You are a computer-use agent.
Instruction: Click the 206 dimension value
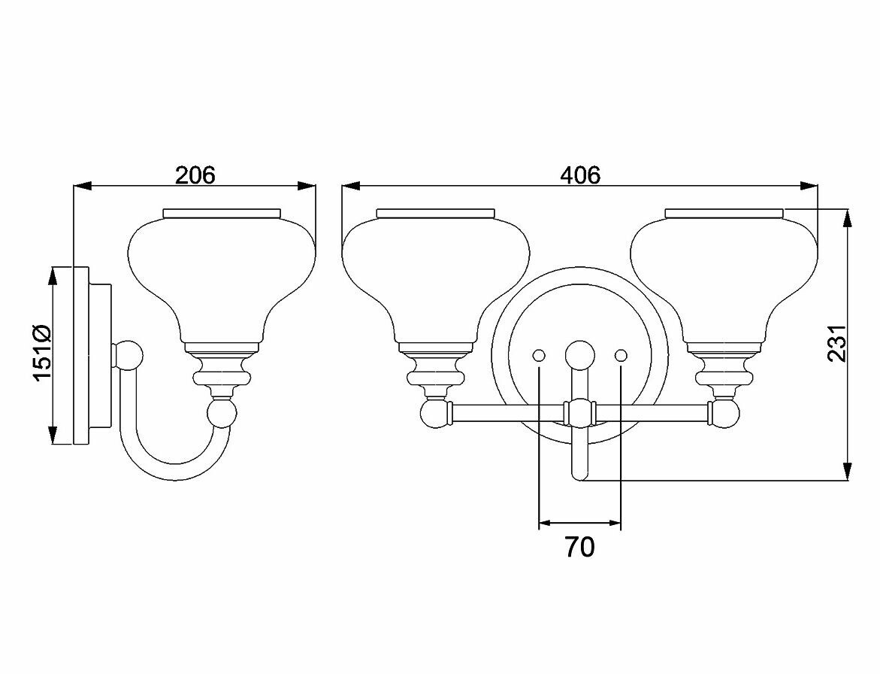click(195, 175)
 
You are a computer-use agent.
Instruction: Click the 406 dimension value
click(580, 175)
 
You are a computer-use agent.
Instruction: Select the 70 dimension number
click(579, 547)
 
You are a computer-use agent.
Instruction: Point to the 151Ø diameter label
click(43, 354)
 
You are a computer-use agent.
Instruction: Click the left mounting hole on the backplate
click(539, 355)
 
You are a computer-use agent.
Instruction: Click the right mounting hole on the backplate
click(621, 355)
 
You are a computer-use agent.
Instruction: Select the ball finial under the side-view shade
click(222, 413)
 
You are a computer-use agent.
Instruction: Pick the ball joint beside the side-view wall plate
click(129, 355)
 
